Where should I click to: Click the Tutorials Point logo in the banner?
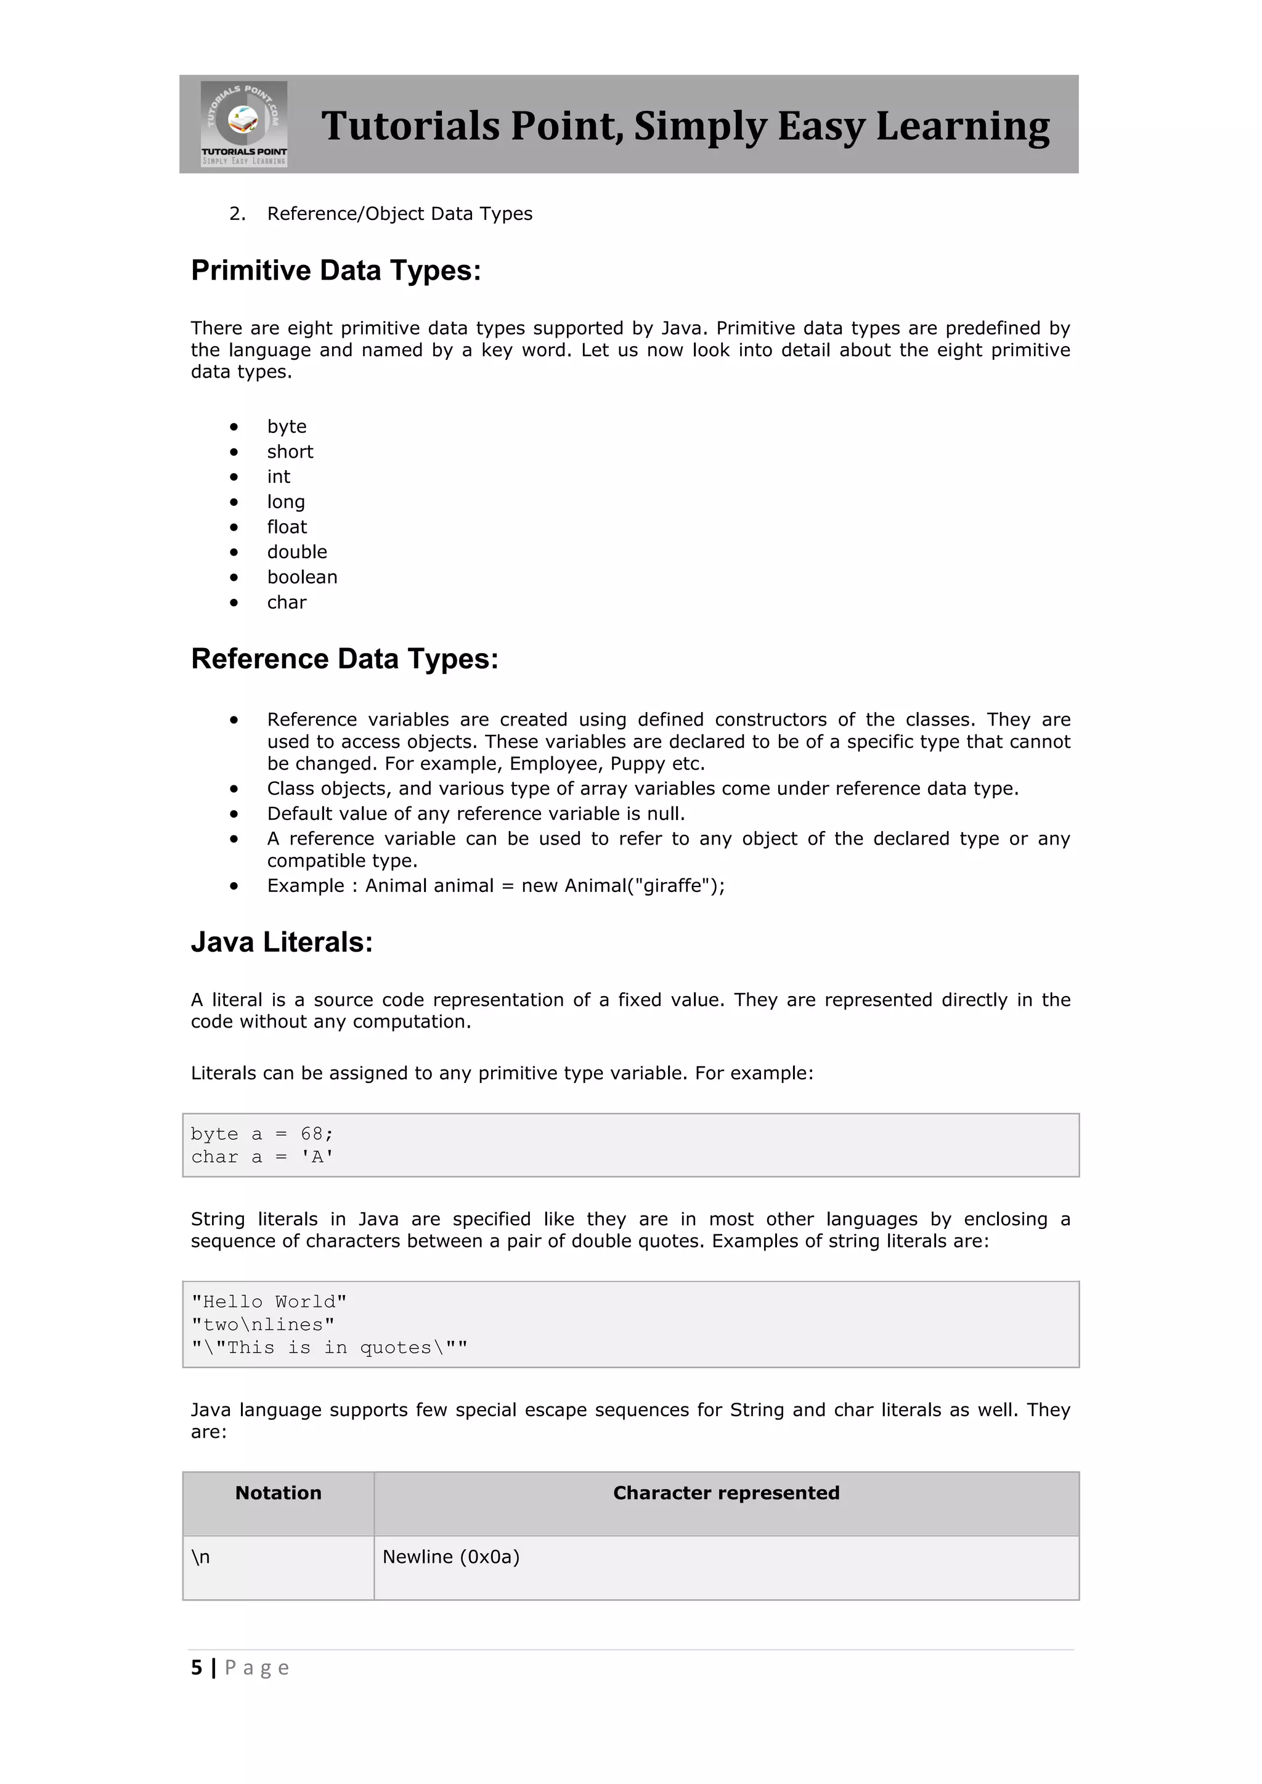[244, 124]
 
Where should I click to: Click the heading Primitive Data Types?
[336, 270]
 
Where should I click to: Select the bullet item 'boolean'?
[303, 577]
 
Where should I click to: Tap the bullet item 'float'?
[287, 527]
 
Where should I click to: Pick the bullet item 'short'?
[290, 452]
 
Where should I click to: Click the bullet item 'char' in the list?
[287, 602]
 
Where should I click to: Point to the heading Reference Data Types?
[344, 659]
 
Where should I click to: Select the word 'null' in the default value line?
[664, 814]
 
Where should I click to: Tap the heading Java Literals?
[282, 943]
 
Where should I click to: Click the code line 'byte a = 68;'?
[262, 1133]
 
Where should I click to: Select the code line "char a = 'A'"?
[262, 1157]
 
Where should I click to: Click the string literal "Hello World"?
[269, 1302]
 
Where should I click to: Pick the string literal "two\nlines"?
[263, 1325]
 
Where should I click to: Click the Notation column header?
[278, 1493]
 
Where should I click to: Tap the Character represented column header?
[726, 1493]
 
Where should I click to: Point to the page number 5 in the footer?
[197, 1668]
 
